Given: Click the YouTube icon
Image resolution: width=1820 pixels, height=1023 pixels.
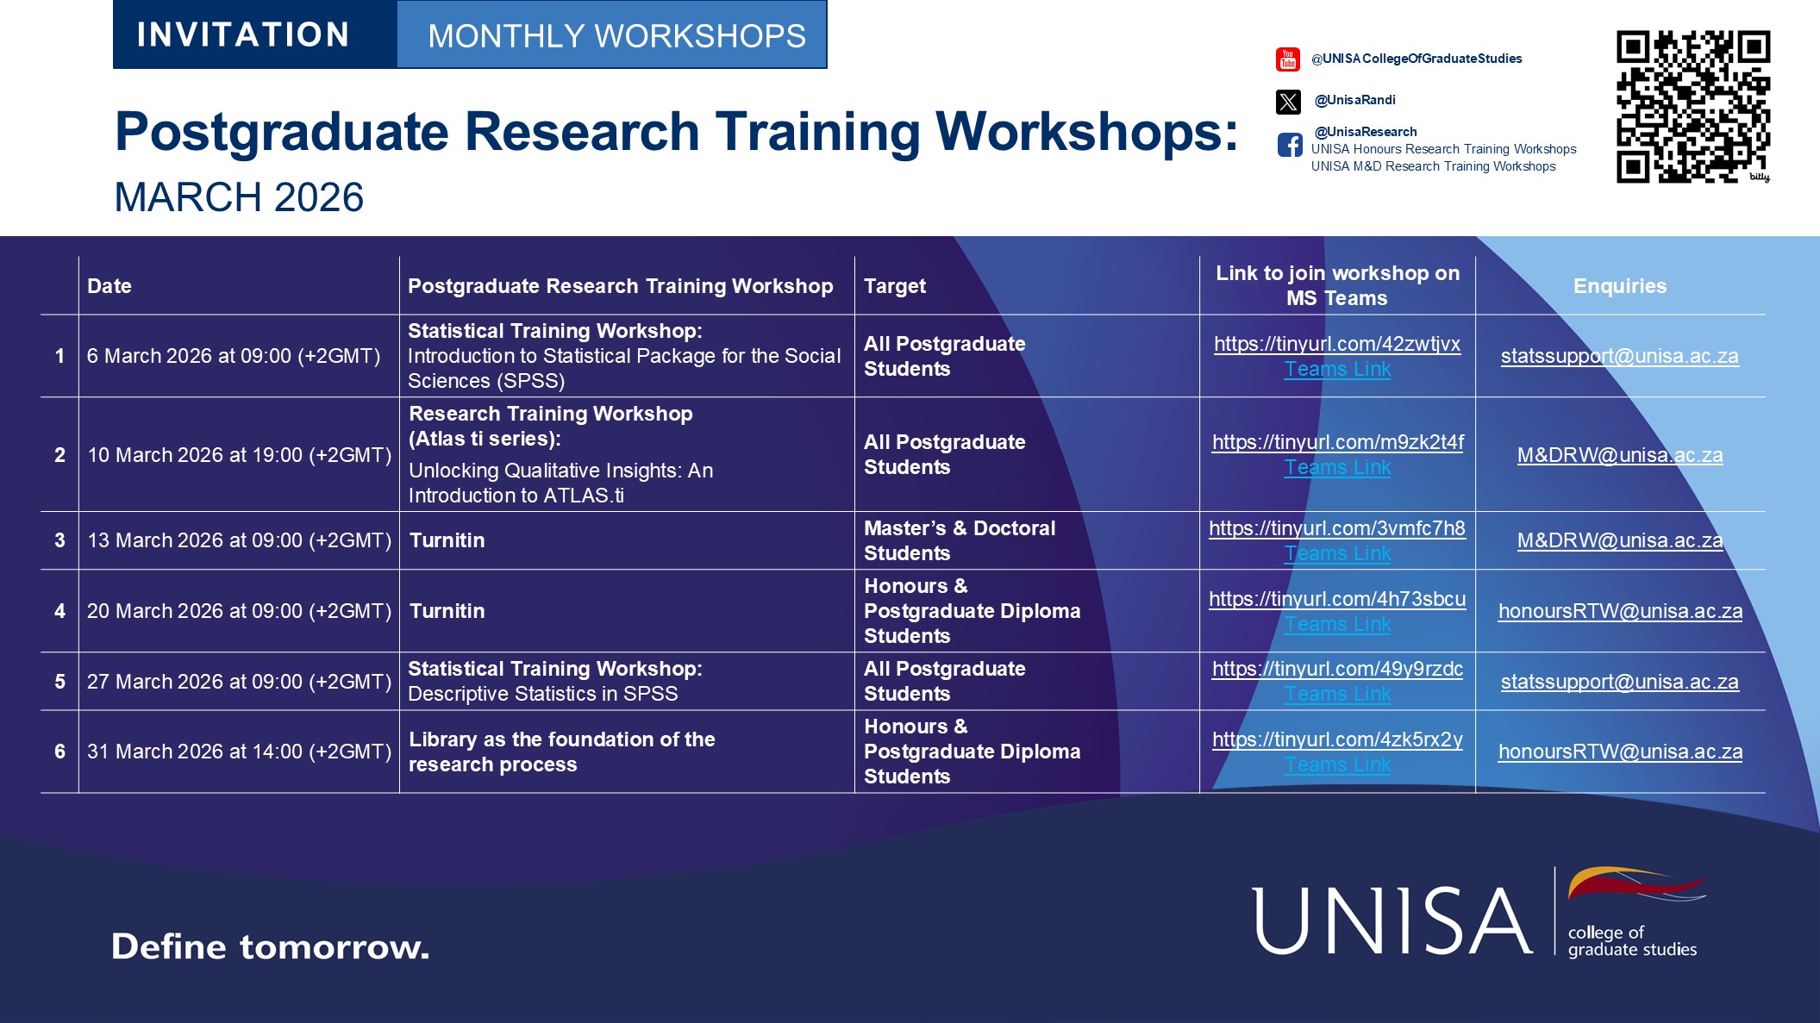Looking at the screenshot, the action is [1288, 59].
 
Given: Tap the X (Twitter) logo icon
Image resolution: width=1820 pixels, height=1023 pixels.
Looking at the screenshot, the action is [1288, 102].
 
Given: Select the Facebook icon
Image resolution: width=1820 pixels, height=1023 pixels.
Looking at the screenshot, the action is [1290, 145].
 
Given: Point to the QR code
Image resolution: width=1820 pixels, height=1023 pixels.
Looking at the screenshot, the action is [1693, 107].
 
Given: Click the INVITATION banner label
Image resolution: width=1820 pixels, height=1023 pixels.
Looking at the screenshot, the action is [243, 35].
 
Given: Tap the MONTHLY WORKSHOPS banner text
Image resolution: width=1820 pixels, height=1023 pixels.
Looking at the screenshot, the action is [616, 36].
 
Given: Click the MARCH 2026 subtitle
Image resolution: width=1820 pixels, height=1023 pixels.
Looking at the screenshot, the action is [239, 197].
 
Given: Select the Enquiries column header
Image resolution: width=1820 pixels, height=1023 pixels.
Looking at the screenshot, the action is [1620, 286].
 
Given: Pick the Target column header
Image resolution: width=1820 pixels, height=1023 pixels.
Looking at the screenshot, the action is [895, 286].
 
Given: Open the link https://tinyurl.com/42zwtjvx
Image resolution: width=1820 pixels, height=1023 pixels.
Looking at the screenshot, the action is [1337, 344].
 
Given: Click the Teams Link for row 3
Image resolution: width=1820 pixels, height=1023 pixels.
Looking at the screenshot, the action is [1337, 553].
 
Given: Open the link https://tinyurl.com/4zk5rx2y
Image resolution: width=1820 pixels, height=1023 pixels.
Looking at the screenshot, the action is [1337, 739].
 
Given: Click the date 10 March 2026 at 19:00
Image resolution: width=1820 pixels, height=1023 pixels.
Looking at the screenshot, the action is [240, 455].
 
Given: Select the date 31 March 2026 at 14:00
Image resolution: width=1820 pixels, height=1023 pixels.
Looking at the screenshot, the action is [240, 752].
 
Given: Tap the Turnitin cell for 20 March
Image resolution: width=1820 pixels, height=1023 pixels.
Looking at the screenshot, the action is [447, 611].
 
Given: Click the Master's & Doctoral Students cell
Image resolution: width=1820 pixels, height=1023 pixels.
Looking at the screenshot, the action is [960, 540].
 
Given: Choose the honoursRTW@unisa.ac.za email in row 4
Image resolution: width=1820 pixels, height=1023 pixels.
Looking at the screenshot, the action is [1620, 611].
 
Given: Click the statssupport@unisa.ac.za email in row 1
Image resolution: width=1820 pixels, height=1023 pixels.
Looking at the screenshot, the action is [1620, 356].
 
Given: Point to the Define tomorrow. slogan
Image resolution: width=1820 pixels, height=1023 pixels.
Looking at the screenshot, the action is [270, 946].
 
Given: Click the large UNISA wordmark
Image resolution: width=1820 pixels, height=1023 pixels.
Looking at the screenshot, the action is [1392, 921].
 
